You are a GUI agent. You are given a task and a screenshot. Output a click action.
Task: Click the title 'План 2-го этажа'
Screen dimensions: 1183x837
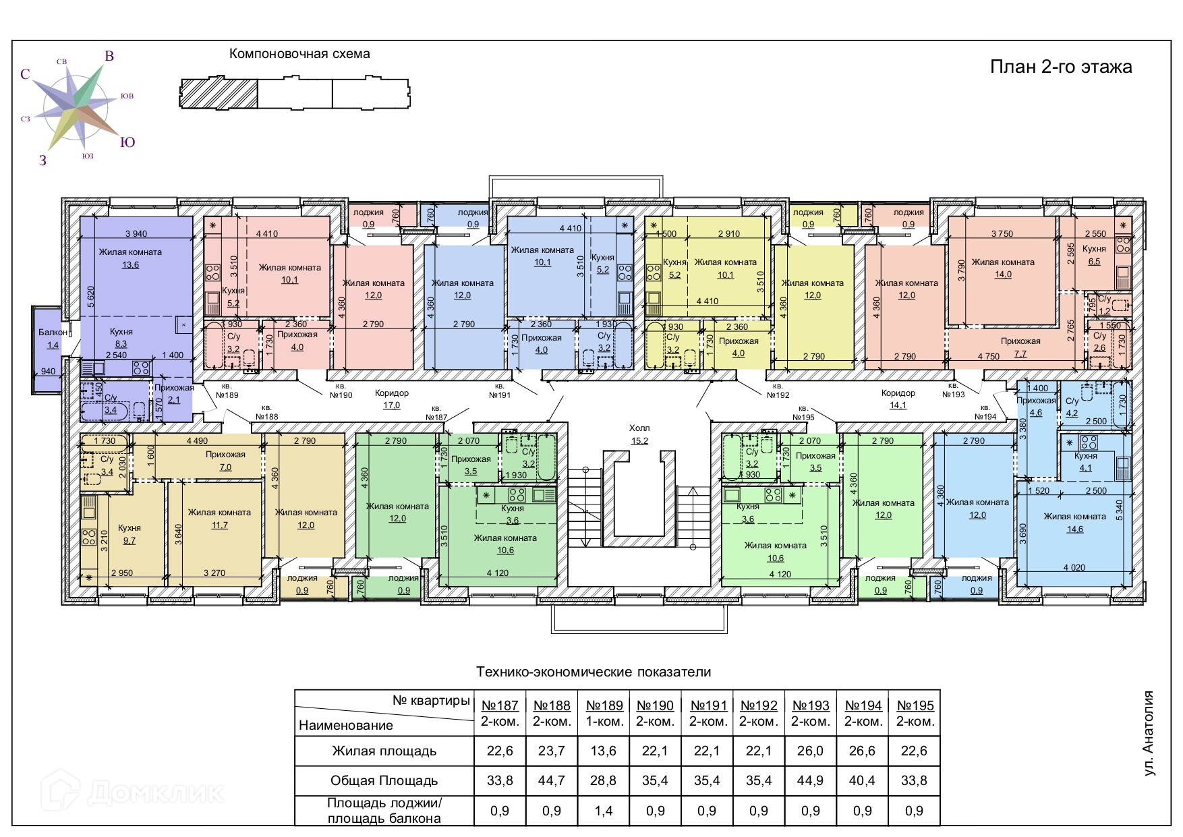point(1060,67)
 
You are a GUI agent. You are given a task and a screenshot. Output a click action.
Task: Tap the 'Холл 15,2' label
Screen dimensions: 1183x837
point(639,434)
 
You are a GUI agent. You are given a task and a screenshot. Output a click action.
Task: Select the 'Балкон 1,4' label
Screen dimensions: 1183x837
point(53,339)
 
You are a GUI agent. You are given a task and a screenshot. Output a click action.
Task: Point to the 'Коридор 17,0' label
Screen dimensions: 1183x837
point(392,399)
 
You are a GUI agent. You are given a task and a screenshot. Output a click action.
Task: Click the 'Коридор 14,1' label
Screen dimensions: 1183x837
point(898,399)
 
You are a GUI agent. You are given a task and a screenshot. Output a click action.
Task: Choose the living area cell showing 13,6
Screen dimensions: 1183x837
point(603,751)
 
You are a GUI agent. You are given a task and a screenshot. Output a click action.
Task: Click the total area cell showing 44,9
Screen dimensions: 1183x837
point(811,780)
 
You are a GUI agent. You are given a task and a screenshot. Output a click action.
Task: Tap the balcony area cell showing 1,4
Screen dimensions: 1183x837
point(603,811)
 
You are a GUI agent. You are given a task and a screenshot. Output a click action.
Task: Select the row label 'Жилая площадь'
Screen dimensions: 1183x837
point(384,751)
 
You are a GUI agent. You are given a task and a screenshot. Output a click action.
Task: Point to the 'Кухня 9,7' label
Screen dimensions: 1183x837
point(129,534)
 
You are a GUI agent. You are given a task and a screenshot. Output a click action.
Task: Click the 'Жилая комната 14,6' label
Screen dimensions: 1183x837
point(1074,523)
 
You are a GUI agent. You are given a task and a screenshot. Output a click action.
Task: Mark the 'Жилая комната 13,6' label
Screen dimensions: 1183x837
point(130,258)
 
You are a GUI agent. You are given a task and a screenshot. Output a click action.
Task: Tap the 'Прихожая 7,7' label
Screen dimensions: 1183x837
point(1020,347)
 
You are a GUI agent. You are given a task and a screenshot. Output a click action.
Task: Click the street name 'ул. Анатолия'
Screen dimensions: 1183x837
point(1150,733)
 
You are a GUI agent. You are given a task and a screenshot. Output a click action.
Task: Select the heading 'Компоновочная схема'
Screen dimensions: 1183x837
point(299,54)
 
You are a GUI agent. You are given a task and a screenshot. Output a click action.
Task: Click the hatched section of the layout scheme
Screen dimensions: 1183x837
point(220,93)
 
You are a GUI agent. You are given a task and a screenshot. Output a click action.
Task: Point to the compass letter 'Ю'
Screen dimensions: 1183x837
point(127,142)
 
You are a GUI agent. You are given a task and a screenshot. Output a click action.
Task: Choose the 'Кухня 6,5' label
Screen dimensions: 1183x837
point(1094,255)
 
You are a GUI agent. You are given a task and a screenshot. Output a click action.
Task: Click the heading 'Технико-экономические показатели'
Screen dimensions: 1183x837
point(594,672)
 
